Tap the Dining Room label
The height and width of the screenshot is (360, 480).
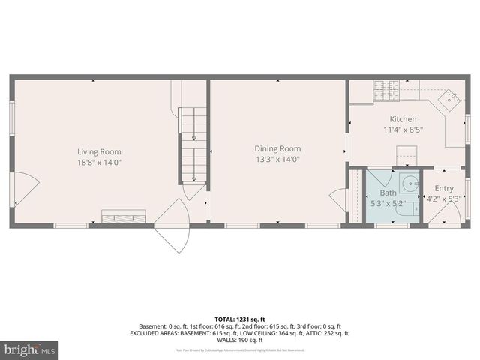coord(277,148)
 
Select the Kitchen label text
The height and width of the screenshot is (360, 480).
coord(403,119)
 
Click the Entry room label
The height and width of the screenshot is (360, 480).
coord(444,189)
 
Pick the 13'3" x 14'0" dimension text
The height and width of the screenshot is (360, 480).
coord(277,159)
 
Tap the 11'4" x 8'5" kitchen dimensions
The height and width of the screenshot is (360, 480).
coord(403,129)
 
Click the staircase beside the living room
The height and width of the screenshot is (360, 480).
coord(193,142)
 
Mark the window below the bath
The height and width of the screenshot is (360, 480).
coord(387,226)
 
